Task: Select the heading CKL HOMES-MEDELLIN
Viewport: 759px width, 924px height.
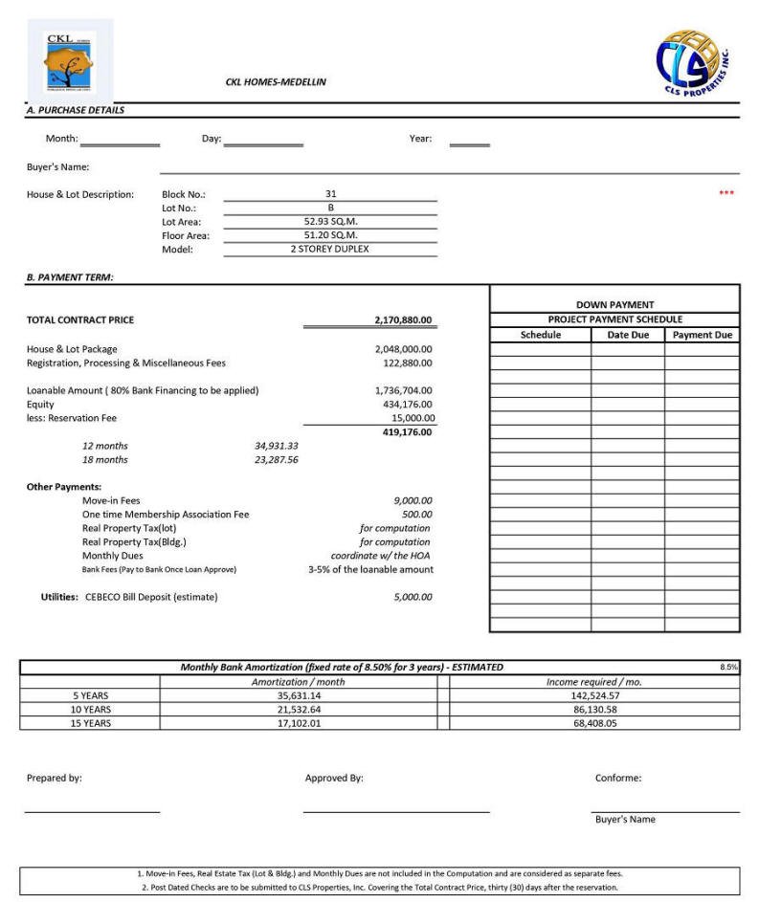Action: (276, 82)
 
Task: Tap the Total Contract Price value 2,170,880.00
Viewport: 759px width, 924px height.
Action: (403, 320)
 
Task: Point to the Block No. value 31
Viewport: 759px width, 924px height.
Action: (330, 194)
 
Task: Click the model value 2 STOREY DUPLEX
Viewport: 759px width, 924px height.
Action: (330, 249)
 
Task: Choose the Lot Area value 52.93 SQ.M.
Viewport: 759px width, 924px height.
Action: (330, 222)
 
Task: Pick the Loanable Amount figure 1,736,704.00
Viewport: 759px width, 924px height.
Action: (403, 390)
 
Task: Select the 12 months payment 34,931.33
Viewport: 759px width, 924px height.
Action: (277, 446)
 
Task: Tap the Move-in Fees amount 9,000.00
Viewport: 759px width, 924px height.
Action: (413, 500)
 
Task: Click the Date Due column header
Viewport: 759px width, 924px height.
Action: (628, 336)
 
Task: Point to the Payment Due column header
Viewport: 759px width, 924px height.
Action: (702, 336)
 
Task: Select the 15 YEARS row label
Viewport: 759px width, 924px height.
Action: (91, 724)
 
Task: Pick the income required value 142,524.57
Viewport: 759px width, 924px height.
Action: (589, 695)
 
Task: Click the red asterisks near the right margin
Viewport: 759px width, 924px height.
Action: (726, 194)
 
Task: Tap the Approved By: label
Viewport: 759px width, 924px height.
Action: (334, 779)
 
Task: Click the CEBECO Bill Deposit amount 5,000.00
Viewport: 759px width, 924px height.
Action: (413, 597)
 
